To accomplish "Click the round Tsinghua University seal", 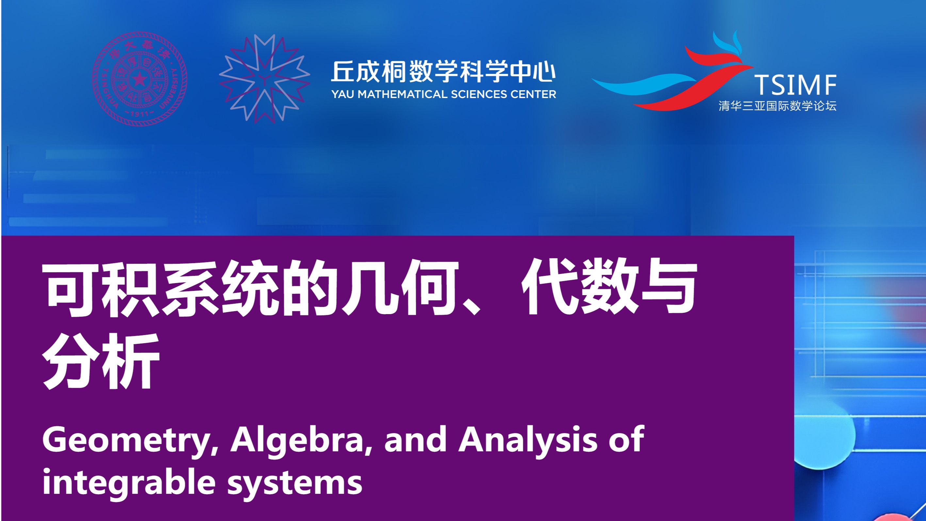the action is click(139, 79).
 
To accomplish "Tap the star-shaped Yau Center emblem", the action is click(265, 79).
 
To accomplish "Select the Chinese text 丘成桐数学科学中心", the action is click(443, 72).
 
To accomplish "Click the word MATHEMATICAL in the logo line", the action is click(403, 94).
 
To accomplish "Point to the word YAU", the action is click(343, 94).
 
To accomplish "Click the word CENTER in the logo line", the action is click(533, 94).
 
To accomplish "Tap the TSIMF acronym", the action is click(795, 85).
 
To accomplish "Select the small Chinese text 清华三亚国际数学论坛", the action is click(777, 106).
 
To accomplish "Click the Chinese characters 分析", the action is click(101, 361).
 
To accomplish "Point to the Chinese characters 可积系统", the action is click(160, 288).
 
